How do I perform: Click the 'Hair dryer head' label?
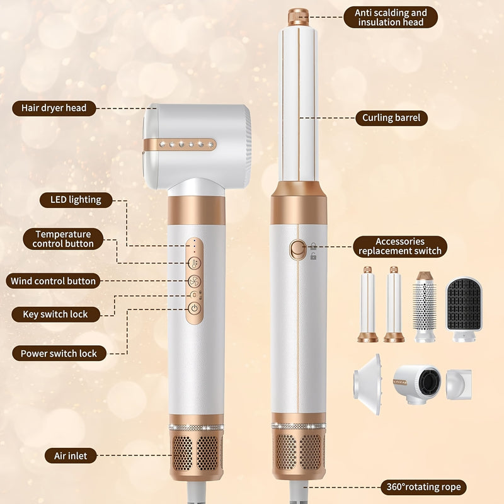54,108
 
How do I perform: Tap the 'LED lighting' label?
76,200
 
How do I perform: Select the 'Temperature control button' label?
63,239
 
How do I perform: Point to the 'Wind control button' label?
53,281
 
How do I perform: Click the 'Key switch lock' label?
55,314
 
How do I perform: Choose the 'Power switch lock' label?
59,353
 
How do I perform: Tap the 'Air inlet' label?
71,455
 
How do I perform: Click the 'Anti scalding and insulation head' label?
391,18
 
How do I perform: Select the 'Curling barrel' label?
391,118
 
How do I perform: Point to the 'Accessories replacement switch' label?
400,246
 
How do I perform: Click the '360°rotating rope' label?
423,487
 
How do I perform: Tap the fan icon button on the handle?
195,281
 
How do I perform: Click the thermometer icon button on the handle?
195,263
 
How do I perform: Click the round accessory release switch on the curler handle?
297,249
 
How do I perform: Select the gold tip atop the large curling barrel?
298,17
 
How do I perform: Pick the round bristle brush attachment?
424,306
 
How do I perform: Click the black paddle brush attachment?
464,309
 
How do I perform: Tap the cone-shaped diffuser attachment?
367,384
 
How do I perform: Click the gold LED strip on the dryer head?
180,145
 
